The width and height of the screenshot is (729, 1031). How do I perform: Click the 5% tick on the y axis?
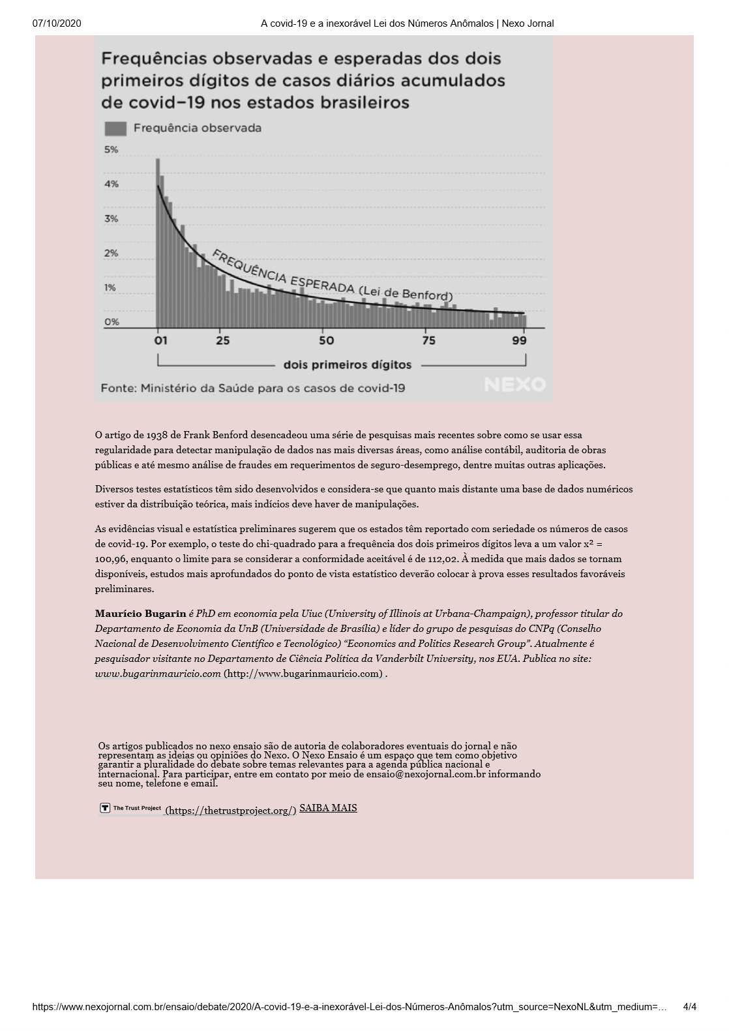point(112,150)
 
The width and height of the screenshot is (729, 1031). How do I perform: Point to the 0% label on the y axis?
point(112,322)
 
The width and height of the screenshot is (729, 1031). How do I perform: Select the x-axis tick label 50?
point(326,340)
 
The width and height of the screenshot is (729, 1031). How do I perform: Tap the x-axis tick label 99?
point(520,340)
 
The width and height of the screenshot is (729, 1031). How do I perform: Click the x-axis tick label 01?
point(160,340)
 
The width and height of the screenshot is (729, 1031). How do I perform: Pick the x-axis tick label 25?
point(223,340)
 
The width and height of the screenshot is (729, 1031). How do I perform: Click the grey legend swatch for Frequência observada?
point(115,128)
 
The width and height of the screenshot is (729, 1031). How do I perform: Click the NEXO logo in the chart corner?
point(514,385)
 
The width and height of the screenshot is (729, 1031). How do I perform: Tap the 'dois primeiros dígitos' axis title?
point(347,365)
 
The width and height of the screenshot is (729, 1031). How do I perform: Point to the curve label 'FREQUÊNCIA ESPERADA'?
point(284,271)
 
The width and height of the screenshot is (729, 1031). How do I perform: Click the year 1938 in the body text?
point(158,435)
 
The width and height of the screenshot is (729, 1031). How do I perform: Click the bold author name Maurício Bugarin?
point(140,614)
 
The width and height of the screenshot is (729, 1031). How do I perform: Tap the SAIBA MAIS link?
point(328,808)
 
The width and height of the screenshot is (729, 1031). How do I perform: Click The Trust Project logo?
point(131,809)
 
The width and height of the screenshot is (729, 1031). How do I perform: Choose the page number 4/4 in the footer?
point(689,1007)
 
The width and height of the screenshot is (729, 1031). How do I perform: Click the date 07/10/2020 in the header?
point(57,23)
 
